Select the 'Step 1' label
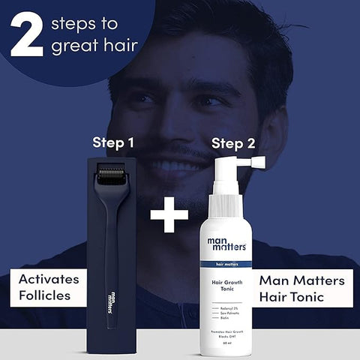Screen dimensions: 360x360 click(x=112, y=141)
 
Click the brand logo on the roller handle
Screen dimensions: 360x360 click(x=112, y=299)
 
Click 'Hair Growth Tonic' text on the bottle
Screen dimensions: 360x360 click(x=226, y=286)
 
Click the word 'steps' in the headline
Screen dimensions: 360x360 click(x=76, y=25)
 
